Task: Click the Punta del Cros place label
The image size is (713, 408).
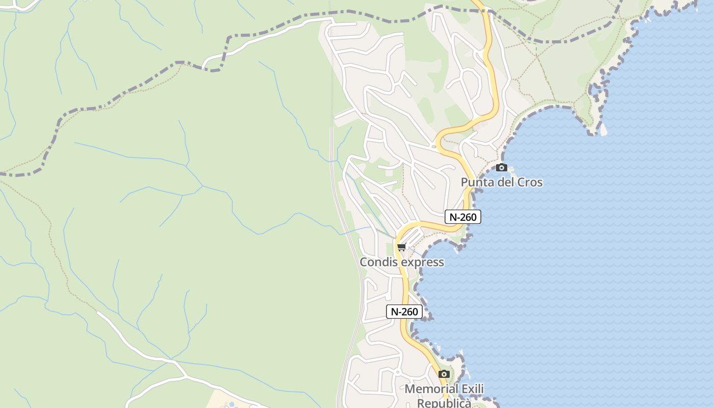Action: point(502,182)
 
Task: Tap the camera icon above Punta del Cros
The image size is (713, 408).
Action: point(502,167)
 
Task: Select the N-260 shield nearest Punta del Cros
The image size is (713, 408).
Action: point(462,217)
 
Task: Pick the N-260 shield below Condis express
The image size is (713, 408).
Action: point(404,312)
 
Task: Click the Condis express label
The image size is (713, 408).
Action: point(402,262)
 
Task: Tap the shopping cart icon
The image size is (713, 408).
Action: point(401,247)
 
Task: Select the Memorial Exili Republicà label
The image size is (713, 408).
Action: point(444,396)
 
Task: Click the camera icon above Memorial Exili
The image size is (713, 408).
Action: point(444,374)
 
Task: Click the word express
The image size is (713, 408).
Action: point(422,262)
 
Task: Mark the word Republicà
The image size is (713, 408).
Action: point(444,403)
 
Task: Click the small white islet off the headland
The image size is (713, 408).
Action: point(604,131)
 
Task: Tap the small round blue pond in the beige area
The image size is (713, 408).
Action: point(232,405)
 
